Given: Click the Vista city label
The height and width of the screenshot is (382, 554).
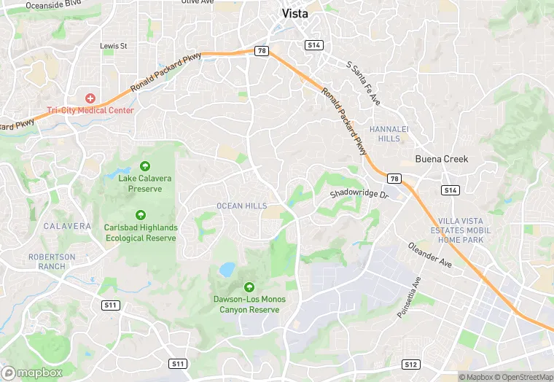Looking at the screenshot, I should (294, 14).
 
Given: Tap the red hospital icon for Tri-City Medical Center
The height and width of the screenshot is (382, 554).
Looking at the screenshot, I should (90, 98).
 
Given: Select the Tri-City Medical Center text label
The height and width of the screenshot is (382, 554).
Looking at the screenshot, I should (90, 111).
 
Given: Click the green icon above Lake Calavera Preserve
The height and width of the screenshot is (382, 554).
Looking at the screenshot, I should (144, 166).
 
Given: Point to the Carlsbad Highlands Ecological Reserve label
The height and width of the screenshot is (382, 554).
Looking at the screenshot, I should (141, 233).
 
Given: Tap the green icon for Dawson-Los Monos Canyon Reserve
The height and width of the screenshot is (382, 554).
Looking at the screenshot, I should (249, 287).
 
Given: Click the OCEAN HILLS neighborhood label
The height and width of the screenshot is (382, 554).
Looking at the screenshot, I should (242, 206).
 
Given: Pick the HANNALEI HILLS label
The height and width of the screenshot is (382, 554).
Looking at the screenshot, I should (386, 133).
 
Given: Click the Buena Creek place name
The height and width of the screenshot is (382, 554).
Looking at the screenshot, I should (442, 159).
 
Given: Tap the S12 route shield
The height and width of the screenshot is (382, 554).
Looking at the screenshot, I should (411, 364).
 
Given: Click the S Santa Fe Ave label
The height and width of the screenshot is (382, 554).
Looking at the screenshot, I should (364, 83).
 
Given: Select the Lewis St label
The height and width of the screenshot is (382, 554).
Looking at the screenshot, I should (113, 46).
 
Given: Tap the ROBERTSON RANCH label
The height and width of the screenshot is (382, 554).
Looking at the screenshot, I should (52, 261).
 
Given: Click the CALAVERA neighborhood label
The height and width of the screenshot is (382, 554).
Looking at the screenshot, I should (67, 226).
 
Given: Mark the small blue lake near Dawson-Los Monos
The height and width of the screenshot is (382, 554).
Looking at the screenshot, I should (227, 270).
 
